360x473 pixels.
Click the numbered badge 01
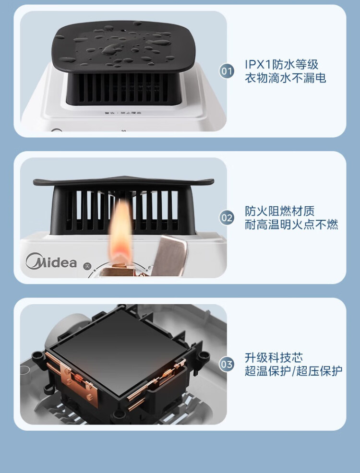pyautogui.click(x=227, y=71)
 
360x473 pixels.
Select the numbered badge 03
pyautogui.click(x=227, y=365)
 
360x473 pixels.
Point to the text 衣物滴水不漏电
pyautogui.click(x=285, y=78)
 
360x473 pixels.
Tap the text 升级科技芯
pyautogui.click(x=274, y=358)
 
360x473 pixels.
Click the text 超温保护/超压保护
pyautogui.click(x=293, y=371)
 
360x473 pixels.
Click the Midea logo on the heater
pyautogui.click(x=51, y=262)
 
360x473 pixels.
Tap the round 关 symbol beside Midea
pyautogui.click(x=87, y=265)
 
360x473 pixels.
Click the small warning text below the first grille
pyautogui.click(x=123, y=114)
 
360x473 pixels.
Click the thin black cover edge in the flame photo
pyautogui.click(x=123, y=182)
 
